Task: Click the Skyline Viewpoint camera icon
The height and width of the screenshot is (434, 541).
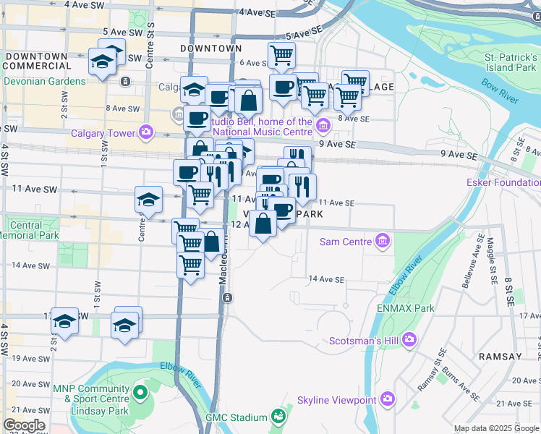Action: [388, 399]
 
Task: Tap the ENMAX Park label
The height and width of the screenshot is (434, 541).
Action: [405, 308]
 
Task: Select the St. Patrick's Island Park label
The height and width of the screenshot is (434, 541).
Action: [511, 61]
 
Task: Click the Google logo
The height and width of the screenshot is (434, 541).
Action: [24, 425]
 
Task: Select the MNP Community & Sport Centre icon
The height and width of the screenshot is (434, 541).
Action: [140, 393]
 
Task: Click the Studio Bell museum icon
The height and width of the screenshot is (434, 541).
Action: [323, 127]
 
